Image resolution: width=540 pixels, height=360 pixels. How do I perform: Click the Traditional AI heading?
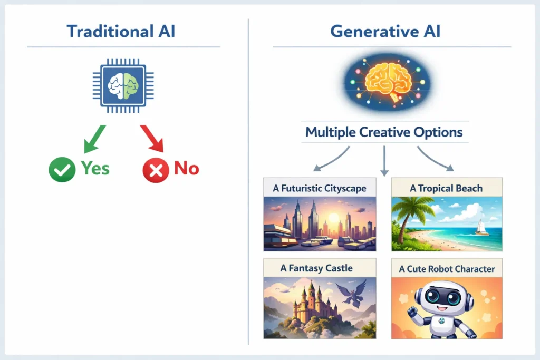click(121, 31)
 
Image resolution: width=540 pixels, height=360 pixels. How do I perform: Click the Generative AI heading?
click(385, 31)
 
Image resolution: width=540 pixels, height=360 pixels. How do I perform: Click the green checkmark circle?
click(62, 169)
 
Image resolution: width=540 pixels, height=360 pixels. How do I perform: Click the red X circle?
click(156, 169)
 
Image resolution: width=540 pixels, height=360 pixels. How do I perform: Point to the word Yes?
click(95, 168)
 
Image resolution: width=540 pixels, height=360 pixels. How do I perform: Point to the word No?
click(186, 168)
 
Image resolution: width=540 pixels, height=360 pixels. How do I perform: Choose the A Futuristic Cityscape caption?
click(320, 188)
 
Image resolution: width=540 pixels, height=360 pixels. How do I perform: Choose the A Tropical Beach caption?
click(446, 188)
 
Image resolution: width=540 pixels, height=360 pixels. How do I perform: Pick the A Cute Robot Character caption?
click(447, 269)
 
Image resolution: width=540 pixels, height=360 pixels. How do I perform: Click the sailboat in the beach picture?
click(481, 227)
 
